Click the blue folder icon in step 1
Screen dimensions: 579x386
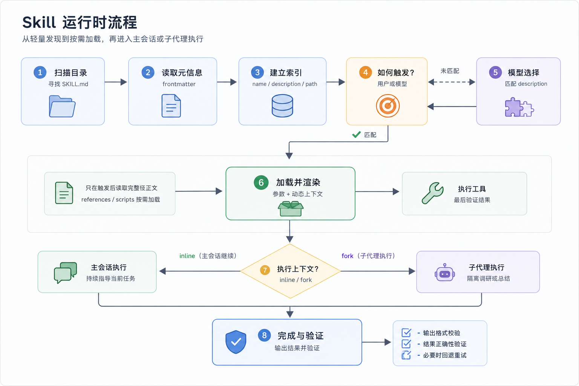(x=62, y=106)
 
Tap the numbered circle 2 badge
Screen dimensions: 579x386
(x=148, y=72)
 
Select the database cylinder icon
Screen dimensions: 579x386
(x=282, y=106)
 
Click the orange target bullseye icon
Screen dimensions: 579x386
(x=388, y=106)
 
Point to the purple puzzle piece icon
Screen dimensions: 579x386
(x=519, y=107)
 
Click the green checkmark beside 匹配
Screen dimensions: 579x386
(x=357, y=135)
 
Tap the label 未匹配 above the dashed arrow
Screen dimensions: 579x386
(x=450, y=71)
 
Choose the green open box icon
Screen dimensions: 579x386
(x=291, y=208)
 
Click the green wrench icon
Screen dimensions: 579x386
(x=433, y=193)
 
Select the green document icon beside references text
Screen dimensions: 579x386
(x=64, y=193)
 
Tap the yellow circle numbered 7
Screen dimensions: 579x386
(x=265, y=270)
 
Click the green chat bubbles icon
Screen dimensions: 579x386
(x=65, y=273)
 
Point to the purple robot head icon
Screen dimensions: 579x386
(x=444, y=273)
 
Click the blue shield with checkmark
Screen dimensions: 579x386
(x=236, y=342)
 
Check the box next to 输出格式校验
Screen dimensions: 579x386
(x=406, y=332)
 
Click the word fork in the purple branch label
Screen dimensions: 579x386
(x=348, y=256)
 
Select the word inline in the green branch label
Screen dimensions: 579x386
(x=187, y=256)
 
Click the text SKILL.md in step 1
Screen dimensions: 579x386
(x=75, y=84)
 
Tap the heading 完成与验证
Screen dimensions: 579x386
(x=300, y=335)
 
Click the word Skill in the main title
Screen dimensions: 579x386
(x=39, y=22)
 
